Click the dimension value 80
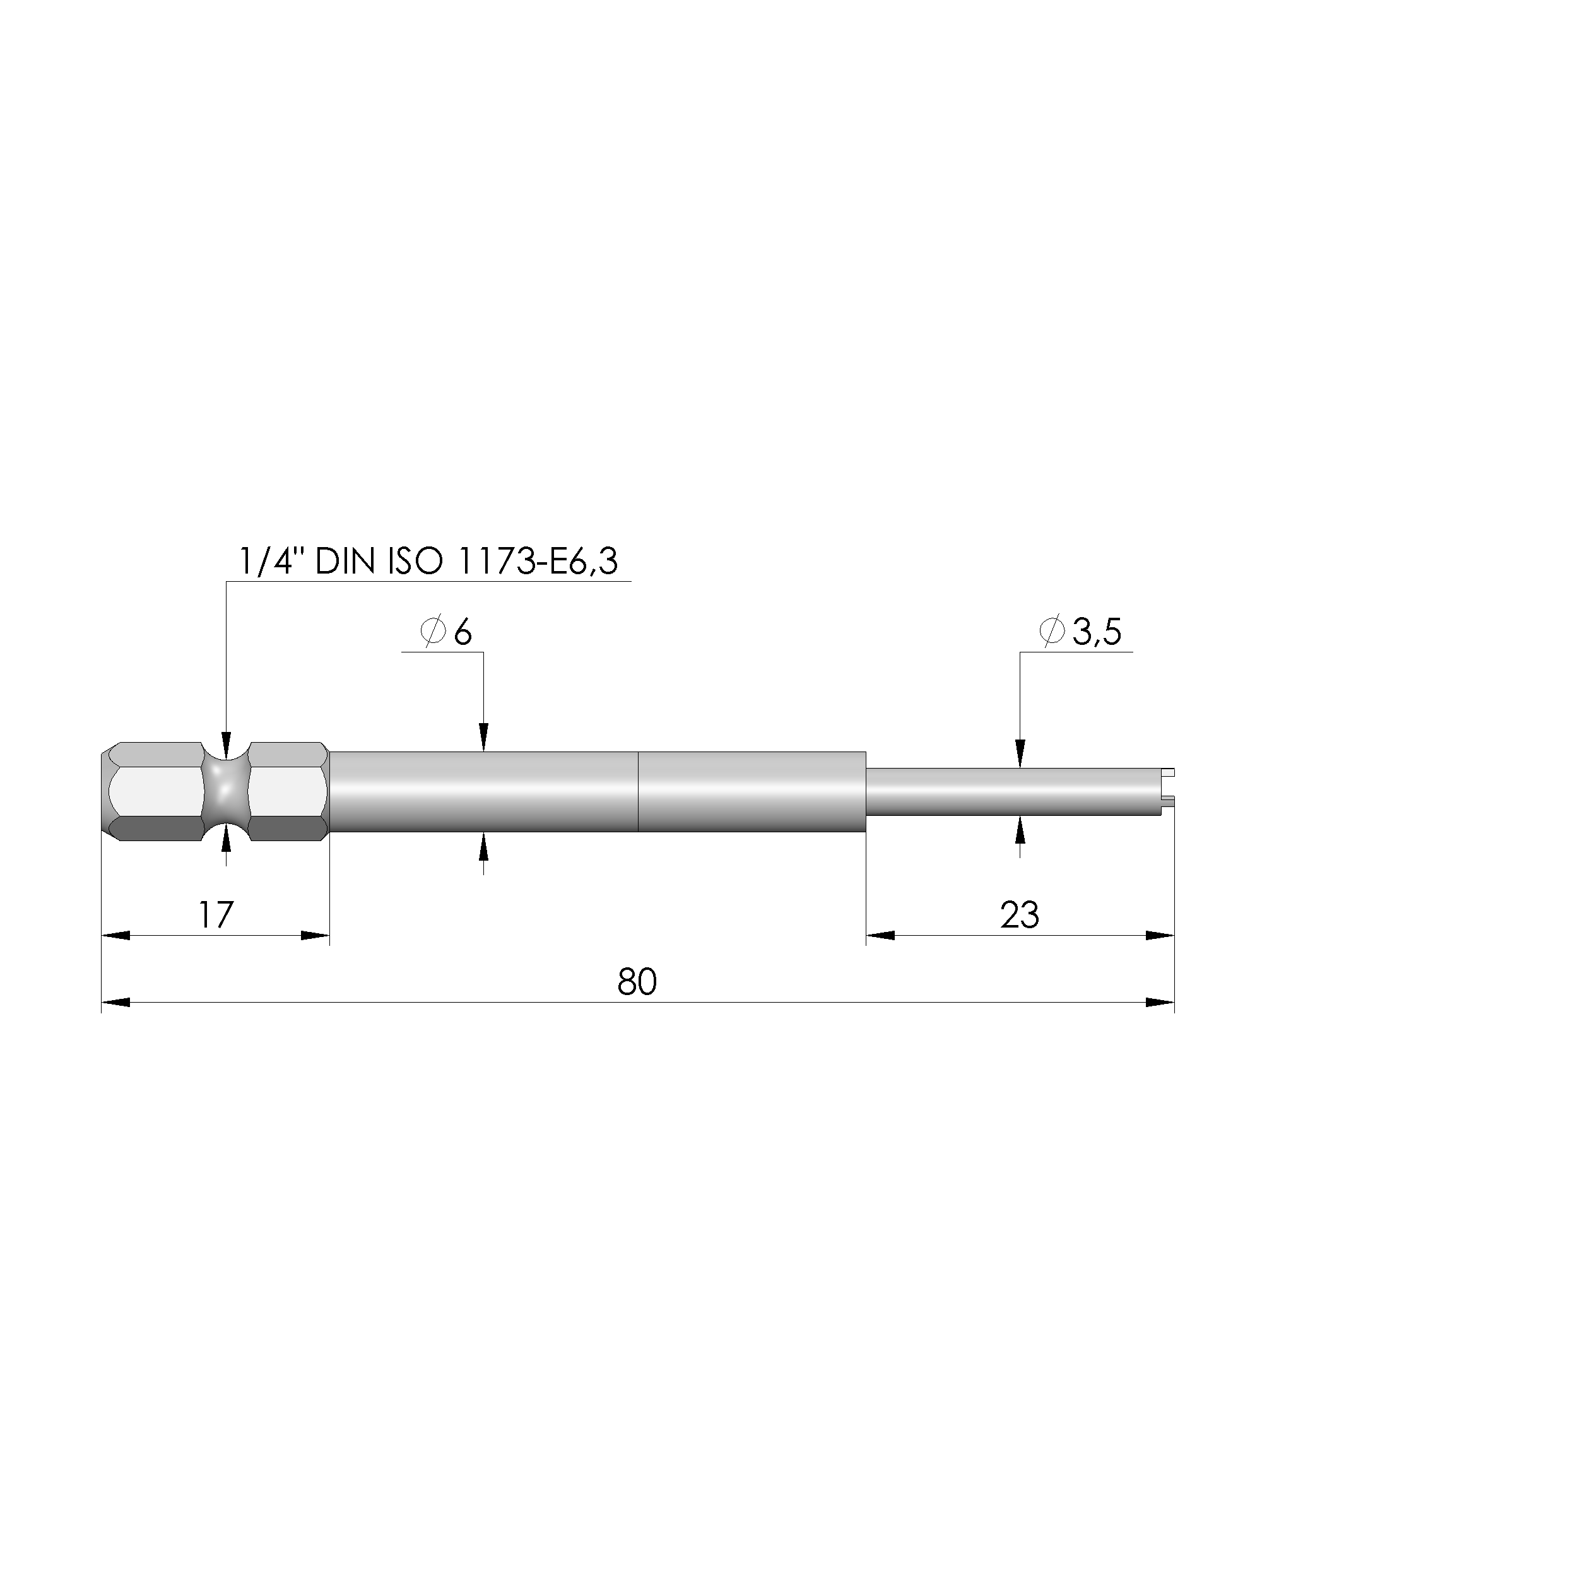[637, 981]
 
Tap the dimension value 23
[1019, 915]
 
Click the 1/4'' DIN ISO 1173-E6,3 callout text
[428, 562]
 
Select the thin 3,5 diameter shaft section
[1013, 792]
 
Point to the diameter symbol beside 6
[433, 632]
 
